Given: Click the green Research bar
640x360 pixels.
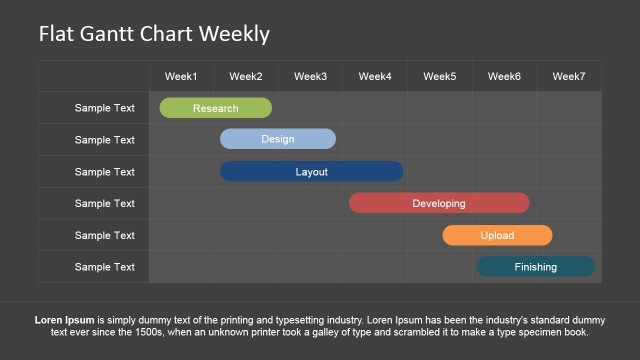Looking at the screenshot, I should pos(215,108).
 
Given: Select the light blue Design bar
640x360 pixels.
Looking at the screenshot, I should pos(278,139).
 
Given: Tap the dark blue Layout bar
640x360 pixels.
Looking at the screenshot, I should pos(311,171).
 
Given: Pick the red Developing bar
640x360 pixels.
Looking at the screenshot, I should pos(439,203).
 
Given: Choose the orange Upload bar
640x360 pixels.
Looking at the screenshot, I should pos(497,235).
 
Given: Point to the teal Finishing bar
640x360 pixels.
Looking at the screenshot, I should pos(536,267).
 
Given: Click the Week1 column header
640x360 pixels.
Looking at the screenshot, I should pos(181,76).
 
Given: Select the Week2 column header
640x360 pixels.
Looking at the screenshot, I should pos(246,76).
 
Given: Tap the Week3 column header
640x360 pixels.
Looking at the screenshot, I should pos(310,76).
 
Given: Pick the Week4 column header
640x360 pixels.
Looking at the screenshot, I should pos(375,76).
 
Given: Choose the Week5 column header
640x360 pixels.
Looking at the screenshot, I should pos(439,76).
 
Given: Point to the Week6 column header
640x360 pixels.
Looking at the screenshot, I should pos(504,76).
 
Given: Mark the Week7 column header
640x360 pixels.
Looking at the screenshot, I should pos(569,76).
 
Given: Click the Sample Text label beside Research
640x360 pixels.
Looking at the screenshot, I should pos(104,108).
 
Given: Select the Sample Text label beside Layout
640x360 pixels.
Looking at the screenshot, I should pos(104,172).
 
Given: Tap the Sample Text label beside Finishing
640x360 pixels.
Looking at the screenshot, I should pos(104,267).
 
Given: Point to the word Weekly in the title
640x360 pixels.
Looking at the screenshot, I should pos(235,34).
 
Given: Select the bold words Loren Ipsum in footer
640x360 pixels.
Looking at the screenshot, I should pos(65,320).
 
